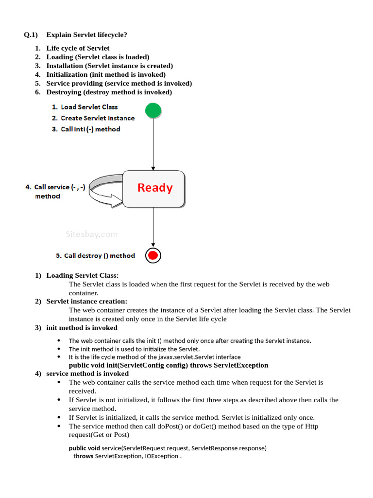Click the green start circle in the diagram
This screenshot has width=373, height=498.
(x=153, y=110)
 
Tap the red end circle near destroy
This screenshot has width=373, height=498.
(x=153, y=255)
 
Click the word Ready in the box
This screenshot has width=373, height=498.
(x=155, y=188)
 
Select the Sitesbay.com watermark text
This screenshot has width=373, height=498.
(x=91, y=234)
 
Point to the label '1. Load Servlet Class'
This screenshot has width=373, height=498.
(x=85, y=107)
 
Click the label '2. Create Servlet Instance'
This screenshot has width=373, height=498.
(x=93, y=118)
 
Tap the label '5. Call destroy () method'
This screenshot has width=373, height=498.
(x=95, y=255)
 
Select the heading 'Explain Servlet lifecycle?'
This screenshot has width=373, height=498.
(x=87, y=35)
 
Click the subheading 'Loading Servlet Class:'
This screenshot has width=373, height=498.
(x=82, y=275)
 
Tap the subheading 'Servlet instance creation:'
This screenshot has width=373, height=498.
(x=86, y=302)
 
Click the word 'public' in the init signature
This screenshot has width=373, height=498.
(x=79, y=365)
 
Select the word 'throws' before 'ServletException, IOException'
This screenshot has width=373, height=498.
(x=83, y=456)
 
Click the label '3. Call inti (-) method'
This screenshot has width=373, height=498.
(x=86, y=129)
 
